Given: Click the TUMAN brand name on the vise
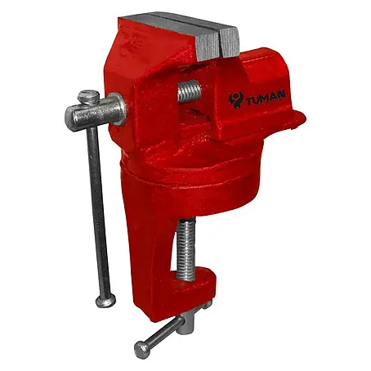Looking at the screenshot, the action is (266, 98).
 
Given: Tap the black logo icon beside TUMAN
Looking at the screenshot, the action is (235, 101).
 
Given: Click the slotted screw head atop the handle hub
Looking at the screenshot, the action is (88, 97).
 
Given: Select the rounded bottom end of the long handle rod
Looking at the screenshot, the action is (105, 301).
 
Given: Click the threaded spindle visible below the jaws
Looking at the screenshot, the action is (190, 91).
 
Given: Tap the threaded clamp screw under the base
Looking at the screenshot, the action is (186, 249).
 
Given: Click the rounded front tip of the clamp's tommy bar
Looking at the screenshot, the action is (142, 350).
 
